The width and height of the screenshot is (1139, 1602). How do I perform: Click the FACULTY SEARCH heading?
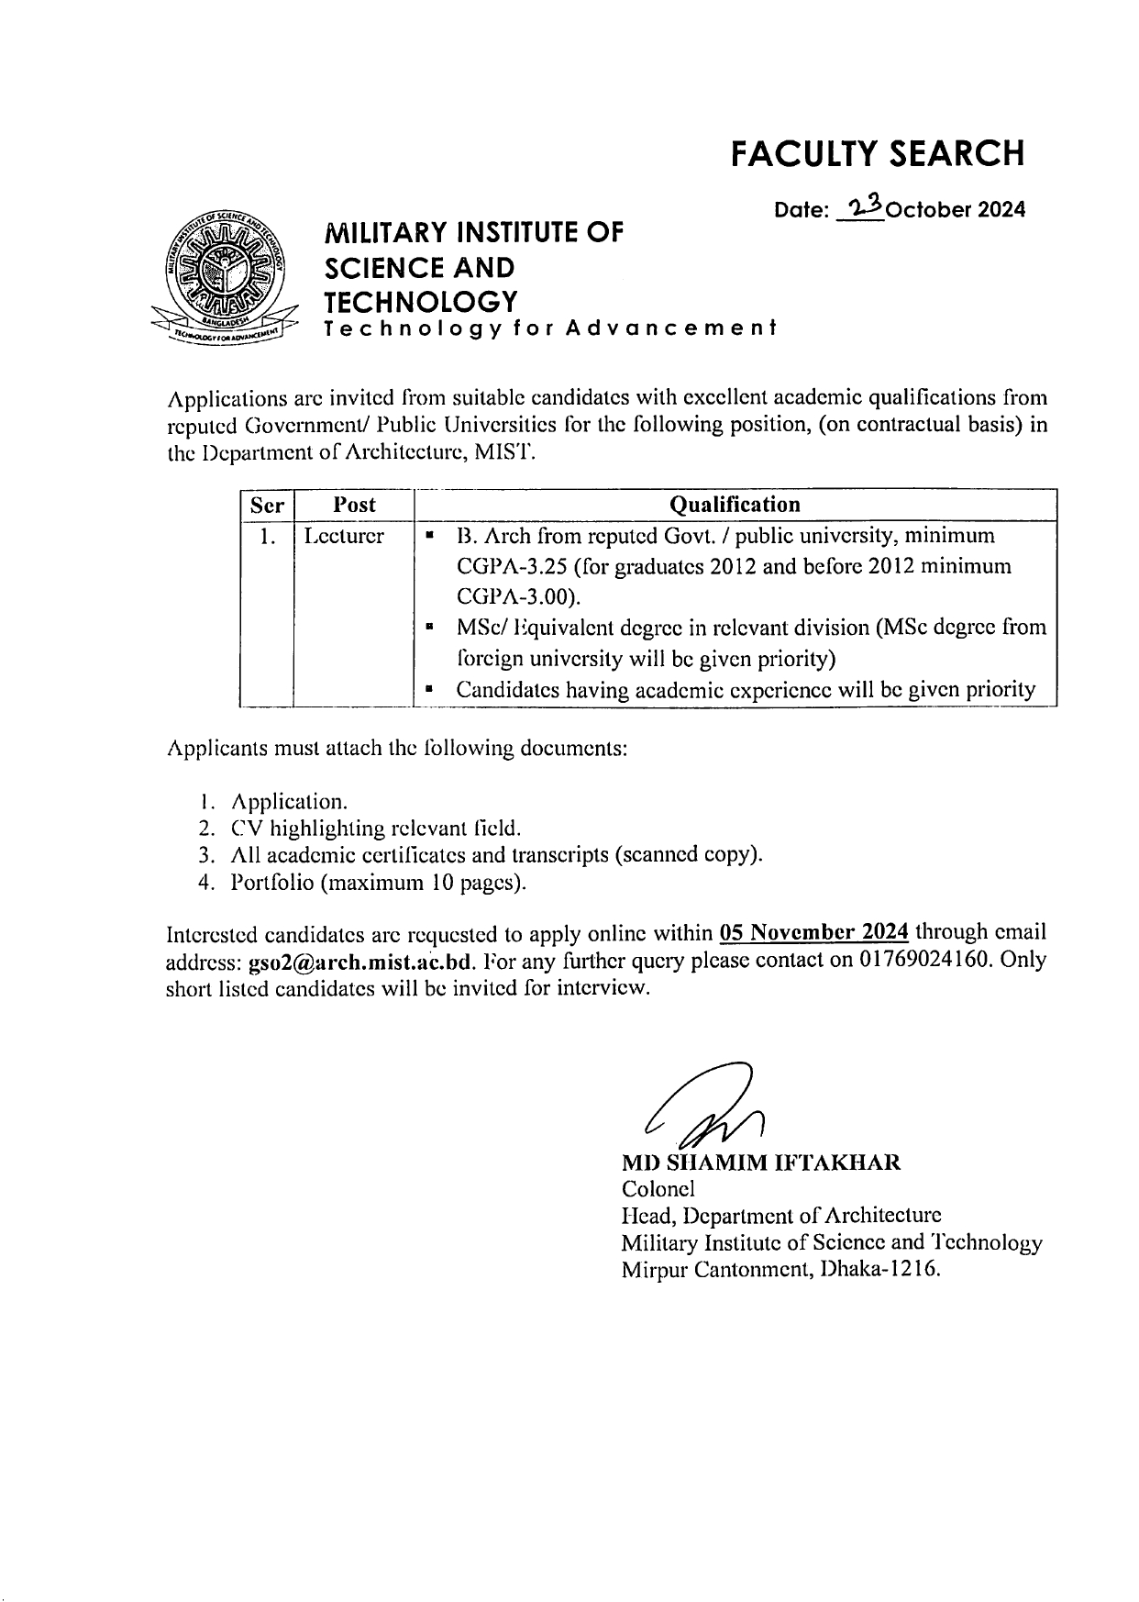tap(877, 154)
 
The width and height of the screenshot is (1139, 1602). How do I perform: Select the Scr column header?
tap(267, 505)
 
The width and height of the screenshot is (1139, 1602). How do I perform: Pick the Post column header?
tap(354, 505)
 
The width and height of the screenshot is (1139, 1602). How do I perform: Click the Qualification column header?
tap(735, 505)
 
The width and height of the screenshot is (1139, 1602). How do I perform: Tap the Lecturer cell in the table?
tap(344, 536)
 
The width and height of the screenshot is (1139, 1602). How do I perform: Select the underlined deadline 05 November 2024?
tap(814, 933)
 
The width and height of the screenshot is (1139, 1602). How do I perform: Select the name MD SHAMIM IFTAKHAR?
tap(760, 1163)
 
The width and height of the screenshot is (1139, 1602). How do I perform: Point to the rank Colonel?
tap(658, 1189)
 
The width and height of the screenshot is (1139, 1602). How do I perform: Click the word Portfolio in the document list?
tap(273, 883)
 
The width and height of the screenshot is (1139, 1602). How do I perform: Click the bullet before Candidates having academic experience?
tap(429, 690)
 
